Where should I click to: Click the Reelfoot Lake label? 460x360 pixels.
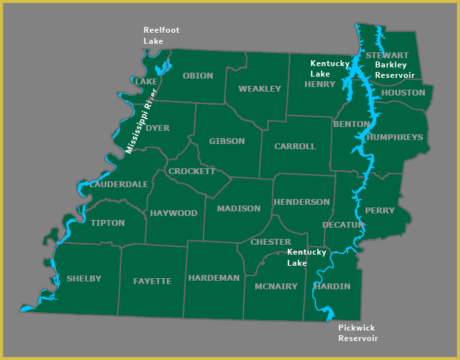pos(161,35)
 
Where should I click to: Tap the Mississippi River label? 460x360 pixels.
pos(142,120)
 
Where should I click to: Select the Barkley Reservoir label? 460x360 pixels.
pos(395,70)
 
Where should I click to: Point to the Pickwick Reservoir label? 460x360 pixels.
pos(358,333)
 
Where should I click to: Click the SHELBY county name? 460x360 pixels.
pos(84,279)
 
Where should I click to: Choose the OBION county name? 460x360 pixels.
pos(198,76)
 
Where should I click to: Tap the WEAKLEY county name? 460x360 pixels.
pos(260,89)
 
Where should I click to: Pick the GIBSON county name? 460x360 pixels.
pos(226,141)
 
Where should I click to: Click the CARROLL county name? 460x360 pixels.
pos(294,147)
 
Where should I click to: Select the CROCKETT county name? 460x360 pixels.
pos(192,171)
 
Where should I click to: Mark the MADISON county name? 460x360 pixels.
pos(239,209)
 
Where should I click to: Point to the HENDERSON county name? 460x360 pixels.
pos(302,202)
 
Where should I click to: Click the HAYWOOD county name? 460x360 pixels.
pos(173,213)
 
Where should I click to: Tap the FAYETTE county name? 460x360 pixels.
pos(152,281)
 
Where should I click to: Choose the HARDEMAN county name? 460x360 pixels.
pos(214,278)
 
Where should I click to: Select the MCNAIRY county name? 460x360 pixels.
pos(276,287)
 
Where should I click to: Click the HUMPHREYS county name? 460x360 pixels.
pos(395,137)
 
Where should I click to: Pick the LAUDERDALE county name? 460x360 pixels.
pos(119,185)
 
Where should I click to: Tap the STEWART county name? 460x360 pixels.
pos(387,56)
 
